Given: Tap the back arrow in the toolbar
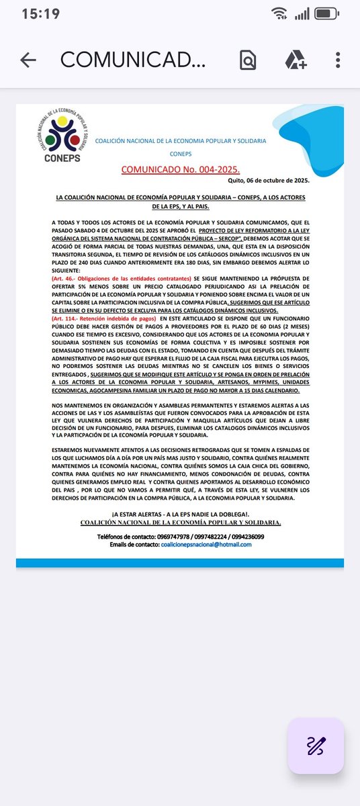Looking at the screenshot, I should coord(28,60).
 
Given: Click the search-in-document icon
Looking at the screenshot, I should coord(248,60).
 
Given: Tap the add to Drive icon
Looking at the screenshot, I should coord(296,60).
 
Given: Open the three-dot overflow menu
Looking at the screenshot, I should coord(338,60).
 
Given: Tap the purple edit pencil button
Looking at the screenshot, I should coord(316,746).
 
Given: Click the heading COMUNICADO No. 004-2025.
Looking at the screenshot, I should coord(180,170).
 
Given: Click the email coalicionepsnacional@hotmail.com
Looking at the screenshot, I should coord(206,544).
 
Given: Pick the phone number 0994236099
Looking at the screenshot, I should coord(245,537).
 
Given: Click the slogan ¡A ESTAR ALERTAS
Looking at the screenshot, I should coord(180,513).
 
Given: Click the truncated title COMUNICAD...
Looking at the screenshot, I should coord(132,60).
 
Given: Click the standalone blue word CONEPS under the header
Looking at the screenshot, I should coord(180,153).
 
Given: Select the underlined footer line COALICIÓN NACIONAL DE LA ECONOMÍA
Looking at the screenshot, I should coord(180,522).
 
